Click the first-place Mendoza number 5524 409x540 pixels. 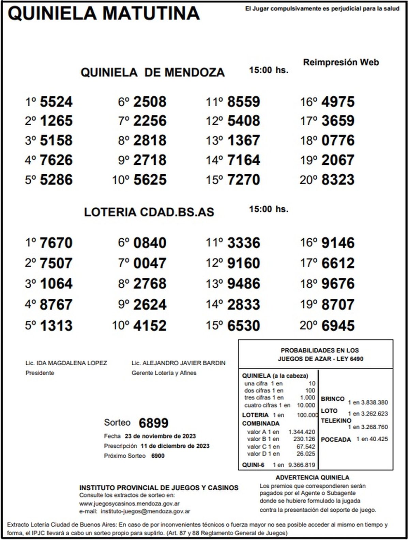click(56, 102)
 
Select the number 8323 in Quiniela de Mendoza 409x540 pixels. click(338, 180)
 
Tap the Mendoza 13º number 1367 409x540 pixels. click(244, 141)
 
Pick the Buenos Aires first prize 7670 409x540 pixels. click(56, 243)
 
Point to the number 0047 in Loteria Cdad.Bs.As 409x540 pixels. click(150, 264)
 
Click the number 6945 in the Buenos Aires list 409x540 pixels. click(338, 326)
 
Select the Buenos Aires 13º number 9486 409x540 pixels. click(244, 284)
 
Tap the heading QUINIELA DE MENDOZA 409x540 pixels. click(153, 73)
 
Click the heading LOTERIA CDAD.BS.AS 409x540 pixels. click(149, 212)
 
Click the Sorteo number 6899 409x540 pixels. click(154, 423)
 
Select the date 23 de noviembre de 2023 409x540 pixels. click(160, 436)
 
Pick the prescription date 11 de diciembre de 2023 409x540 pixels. click(175, 446)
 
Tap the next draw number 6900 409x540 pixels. click(158, 456)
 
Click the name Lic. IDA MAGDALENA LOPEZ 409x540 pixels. click(66, 363)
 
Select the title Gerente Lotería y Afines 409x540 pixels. click(164, 373)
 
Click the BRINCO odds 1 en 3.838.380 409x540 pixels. click(368, 402)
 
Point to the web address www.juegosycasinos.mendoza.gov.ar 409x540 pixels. click(130, 504)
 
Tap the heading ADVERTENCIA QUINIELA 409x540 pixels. click(313, 478)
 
